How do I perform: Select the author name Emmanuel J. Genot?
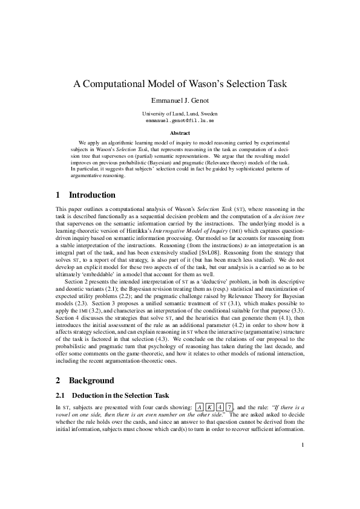click(180, 100)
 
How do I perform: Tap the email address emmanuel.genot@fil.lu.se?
click(180, 120)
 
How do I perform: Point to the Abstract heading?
click(180, 133)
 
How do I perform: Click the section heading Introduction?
click(92, 195)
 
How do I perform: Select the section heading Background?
click(91, 381)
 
